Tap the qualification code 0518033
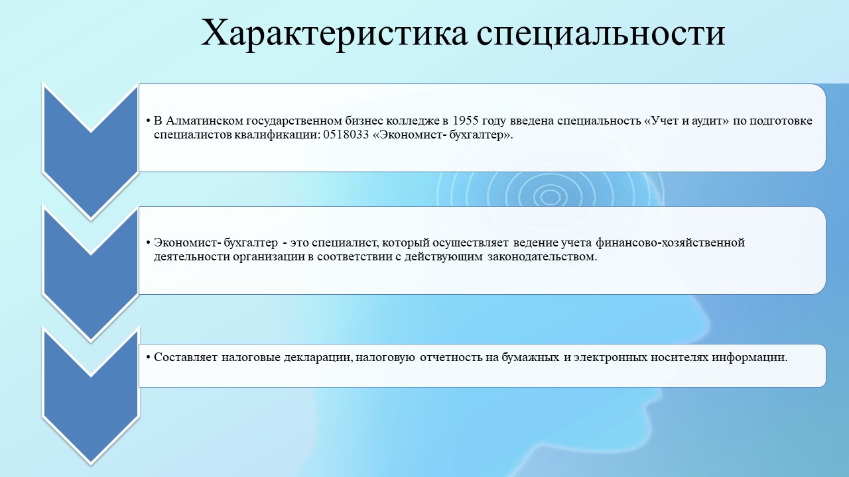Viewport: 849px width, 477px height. click(x=346, y=134)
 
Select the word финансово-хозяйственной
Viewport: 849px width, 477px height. click(x=670, y=242)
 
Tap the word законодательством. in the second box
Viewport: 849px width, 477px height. click(x=542, y=257)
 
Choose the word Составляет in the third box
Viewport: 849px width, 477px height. click(x=186, y=357)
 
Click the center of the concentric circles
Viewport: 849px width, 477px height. click(x=550, y=197)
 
